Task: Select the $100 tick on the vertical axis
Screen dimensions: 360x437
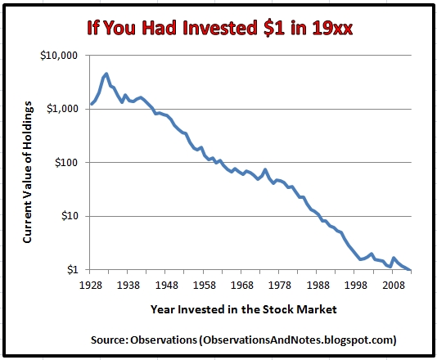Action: click(67, 163)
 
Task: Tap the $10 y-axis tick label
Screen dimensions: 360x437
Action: click(70, 216)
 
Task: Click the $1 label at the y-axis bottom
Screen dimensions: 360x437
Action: click(73, 270)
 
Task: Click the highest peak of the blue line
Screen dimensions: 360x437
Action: click(106, 74)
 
